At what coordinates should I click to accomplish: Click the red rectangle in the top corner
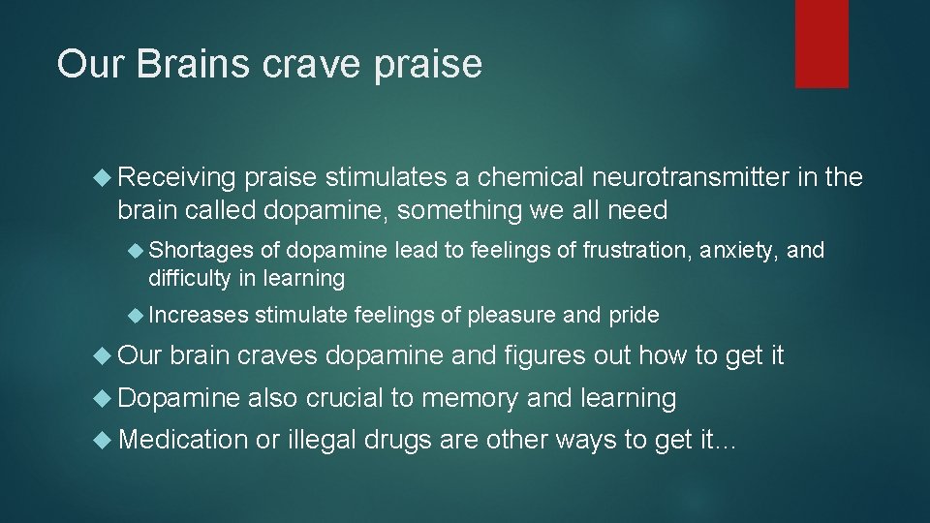tap(821, 44)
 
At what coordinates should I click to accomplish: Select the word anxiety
tap(744, 251)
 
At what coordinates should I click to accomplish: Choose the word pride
tap(634, 315)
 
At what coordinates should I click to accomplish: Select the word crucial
tap(348, 398)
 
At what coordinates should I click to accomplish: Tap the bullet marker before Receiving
tap(105, 177)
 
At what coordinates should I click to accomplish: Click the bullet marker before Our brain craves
tap(105, 356)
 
